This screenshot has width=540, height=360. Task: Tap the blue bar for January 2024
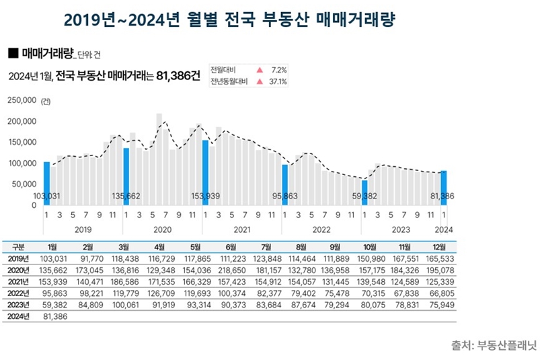click(443, 188)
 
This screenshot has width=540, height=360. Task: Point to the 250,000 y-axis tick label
click(22, 101)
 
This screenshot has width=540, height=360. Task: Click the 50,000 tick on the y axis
click(24, 184)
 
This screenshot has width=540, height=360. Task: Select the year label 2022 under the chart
click(321, 229)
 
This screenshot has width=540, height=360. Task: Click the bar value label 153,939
click(210, 196)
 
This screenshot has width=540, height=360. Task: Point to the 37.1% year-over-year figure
click(278, 82)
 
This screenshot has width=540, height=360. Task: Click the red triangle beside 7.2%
click(258, 70)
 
